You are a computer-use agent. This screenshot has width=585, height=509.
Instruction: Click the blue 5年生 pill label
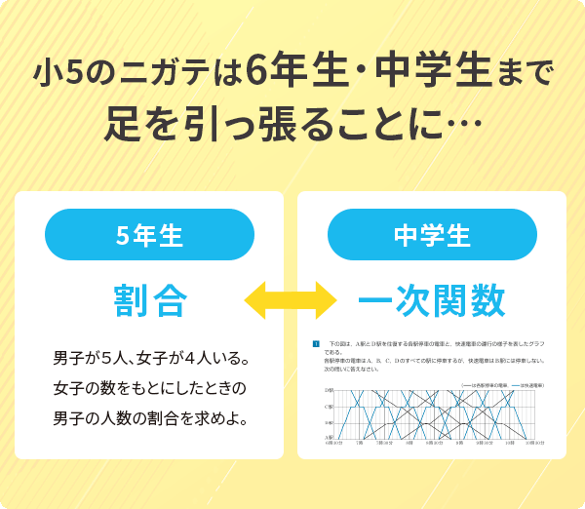149,235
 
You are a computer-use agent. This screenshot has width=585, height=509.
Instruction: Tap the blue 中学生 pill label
432,235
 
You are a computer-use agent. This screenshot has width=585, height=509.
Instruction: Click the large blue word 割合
149,299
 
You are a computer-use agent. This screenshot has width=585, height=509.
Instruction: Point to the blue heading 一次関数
432,299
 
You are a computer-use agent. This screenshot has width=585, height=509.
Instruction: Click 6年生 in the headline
283,73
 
